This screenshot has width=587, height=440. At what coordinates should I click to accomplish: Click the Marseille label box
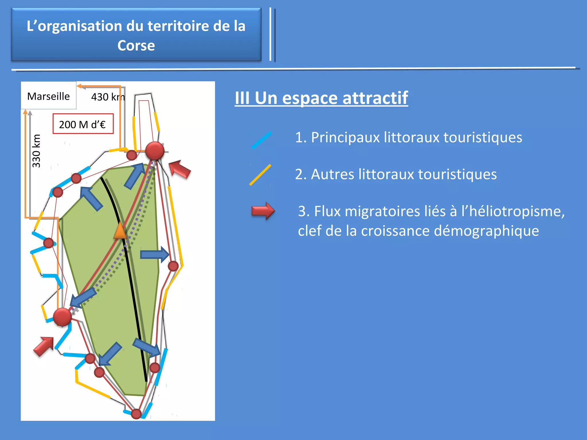click(x=48, y=96)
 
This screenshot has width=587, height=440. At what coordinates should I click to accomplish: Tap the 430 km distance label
click(x=108, y=97)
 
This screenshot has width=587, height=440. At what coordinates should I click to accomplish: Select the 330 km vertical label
click(x=36, y=151)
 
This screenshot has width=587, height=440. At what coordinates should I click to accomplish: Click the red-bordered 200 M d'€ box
click(x=83, y=124)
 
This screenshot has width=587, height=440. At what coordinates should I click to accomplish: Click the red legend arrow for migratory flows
click(x=263, y=211)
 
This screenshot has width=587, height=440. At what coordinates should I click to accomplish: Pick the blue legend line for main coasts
click(x=261, y=140)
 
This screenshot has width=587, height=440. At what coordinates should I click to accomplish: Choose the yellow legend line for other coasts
click(x=260, y=175)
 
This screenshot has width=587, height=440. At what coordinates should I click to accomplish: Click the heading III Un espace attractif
click(x=321, y=98)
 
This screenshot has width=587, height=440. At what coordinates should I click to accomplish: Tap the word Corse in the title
click(x=136, y=46)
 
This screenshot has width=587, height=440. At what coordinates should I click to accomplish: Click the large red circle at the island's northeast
click(x=155, y=151)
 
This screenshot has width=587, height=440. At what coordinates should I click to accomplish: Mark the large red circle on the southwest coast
click(x=62, y=317)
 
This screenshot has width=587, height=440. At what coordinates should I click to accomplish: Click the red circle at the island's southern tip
click(x=136, y=414)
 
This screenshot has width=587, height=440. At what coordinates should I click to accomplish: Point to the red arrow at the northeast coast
click(x=179, y=169)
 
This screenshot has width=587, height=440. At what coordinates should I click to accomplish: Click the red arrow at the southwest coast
click(x=44, y=346)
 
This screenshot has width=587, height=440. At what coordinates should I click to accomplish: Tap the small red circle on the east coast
click(x=173, y=266)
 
